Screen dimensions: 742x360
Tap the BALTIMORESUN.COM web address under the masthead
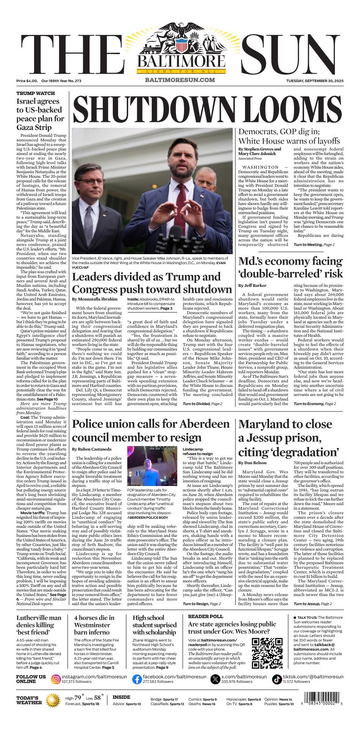(x=180, y=80)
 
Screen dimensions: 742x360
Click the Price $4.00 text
(x=27, y=81)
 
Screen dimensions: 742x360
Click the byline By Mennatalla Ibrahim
(x=95, y=299)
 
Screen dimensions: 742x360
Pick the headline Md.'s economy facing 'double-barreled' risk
(x=290, y=267)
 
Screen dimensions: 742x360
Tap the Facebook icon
(x=137, y=679)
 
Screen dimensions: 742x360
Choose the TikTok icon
(x=277, y=679)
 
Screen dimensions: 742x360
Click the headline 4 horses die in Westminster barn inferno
(x=94, y=625)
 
